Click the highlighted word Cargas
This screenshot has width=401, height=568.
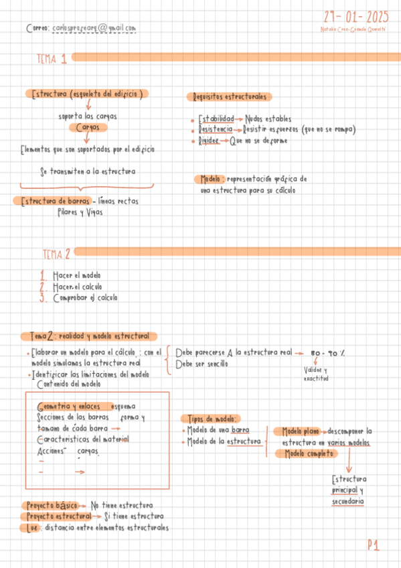88,127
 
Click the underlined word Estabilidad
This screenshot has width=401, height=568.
216,119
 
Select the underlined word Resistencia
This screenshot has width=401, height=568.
216,129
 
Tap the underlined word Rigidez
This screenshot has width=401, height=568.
210,141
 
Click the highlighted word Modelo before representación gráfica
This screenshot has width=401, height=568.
211,180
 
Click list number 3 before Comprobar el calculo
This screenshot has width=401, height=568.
42,298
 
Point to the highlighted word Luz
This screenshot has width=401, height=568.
28,527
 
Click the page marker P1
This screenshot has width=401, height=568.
373,546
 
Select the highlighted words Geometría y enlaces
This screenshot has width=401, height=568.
70,407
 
